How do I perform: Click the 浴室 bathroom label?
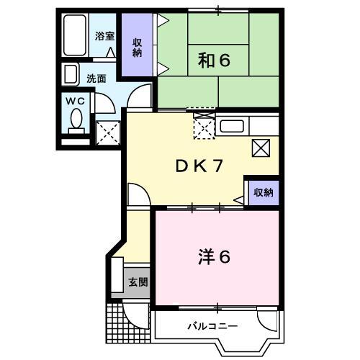[x=104, y=36]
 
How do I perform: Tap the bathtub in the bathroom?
[x=75, y=35]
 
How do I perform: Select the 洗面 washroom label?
[x=96, y=78]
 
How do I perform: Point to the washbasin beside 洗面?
[x=70, y=74]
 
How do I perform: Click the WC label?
[x=75, y=102]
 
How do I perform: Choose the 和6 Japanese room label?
[x=214, y=60]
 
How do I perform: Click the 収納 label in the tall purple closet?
[x=137, y=48]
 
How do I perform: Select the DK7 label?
[x=199, y=166]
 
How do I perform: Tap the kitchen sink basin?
[x=232, y=126]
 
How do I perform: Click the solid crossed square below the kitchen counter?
[x=261, y=148]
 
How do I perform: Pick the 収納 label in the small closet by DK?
[x=264, y=193]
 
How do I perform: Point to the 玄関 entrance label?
[x=138, y=282]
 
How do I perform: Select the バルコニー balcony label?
[x=212, y=326]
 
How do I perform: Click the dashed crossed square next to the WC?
[x=108, y=133]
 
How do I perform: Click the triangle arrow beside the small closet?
[x=239, y=200]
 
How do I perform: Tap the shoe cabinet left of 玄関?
[x=117, y=275]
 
